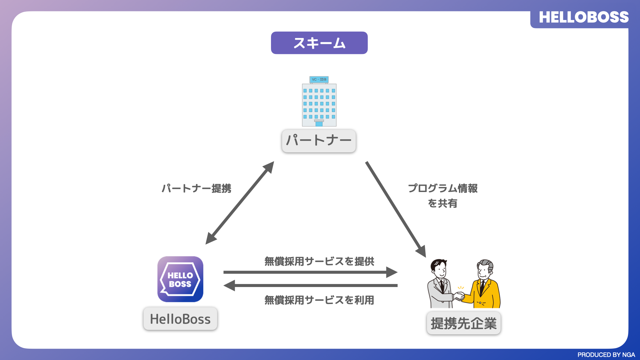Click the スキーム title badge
coord(319,43)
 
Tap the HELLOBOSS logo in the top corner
coord(584,17)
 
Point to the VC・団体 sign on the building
coord(319,80)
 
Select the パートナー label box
coord(319,141)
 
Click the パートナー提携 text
coord(196,189)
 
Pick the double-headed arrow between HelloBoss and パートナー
coord(240,203)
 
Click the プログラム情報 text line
coord(443,189)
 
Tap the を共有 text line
coord(443,203)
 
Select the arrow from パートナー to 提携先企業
coord(396,209)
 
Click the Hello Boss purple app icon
coord(180,279)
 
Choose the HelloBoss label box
coord(180,319)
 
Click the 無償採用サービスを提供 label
coord(319,262)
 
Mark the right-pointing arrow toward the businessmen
coord(310,272)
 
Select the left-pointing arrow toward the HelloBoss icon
coord(310,286)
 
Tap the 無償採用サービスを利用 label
coord(319,300)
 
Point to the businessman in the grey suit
coord(440,285)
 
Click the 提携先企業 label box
coord(464,323)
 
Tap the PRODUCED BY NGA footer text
coord(606,355)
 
